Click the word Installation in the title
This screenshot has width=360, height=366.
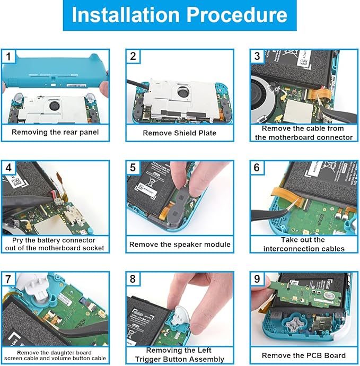(x=126, y=15)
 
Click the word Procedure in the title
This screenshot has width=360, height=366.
(x=237, y=15)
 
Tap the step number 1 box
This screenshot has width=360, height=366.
(x=8, y=56)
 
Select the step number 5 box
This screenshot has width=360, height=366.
(x=133, y=168)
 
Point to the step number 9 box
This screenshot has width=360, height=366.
(x=257, y=278)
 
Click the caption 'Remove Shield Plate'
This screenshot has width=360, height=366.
(x=179, y=133)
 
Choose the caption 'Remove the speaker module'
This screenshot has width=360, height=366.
(x=180, y=245)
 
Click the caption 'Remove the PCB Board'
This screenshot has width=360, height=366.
(x=304, y=355)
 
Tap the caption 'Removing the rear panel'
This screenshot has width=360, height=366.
(x=55, y=132)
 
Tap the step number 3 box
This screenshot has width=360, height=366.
(x=257, y=56)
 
